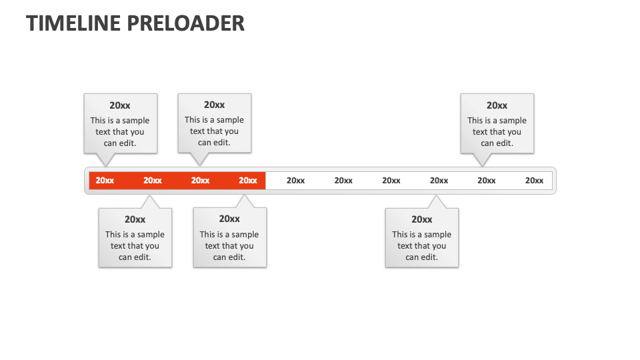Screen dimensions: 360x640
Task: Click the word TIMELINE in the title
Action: (x=73, y=23)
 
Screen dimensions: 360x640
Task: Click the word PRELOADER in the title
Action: (x=185, y=23)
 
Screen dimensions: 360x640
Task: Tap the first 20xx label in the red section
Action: (x=105, y=181)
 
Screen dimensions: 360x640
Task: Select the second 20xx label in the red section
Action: (x=153, y=181)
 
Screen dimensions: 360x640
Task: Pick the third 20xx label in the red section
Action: (x=200, y=181)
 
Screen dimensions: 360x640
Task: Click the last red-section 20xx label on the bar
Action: (x=248, y=181)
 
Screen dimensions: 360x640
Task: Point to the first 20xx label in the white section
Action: (x=295, y=181)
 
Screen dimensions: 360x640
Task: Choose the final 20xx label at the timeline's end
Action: (x=534, y=181)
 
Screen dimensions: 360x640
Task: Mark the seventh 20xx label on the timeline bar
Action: (x=391, y=181)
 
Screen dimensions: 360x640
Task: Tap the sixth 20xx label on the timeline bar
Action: (x=343, y=181)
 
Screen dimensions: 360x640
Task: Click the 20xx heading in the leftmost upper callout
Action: (x=120, y=105)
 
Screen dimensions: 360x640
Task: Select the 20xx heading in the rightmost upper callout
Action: (x=497, y=105)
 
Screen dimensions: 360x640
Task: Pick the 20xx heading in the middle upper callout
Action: (x=214, y=105)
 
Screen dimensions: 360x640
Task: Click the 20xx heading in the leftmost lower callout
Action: (x=135, y=219)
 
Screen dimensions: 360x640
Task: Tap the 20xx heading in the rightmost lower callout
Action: (x=421, y=219)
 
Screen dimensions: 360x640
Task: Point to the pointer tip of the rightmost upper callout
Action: (x=483, y=166)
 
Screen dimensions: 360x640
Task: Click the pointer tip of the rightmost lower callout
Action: (x=436, y=195)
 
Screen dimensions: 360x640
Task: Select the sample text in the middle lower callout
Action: (x=229, y=246)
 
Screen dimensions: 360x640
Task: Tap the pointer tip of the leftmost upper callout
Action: (x=106, y=166)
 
